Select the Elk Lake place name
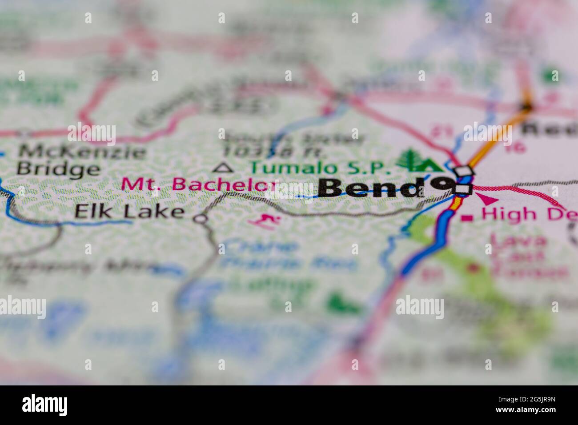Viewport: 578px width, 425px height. pyautogui.click(x=129, y=212)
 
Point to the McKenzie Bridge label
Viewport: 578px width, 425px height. pyautogui.click(x=80, y=160)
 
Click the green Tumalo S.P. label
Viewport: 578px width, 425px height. pyautogui.click(x=320, y=168)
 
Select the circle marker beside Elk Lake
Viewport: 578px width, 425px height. pyautogui.click(x=201, y=219)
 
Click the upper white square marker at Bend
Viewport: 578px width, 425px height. pyautogui.click(x=465, y=171)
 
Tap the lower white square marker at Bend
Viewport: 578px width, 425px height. pyautogui.click(x=464, y=189)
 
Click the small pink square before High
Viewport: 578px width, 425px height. pyautogui.click(x=467, y=218)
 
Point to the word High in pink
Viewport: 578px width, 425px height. pyautogui.click(x=503, y=215)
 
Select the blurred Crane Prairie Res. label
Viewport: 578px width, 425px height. pyautogui.click(x=289, y=255)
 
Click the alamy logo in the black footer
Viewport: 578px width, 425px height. pyautogui.click(x=45, y=405)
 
